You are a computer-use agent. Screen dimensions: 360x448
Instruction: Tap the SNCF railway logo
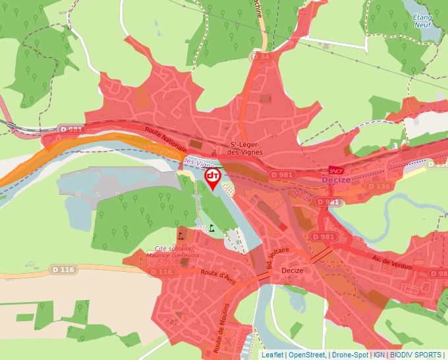pos(337,171)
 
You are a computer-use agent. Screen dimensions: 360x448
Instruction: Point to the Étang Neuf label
pos(422,20)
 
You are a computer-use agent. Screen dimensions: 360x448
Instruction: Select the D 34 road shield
pos(261,57)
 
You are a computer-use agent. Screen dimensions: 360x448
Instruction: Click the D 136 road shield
pos(379,187)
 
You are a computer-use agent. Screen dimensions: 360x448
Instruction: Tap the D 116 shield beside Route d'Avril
pos(161,272)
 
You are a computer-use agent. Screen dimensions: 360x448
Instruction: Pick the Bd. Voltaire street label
pos(269,256)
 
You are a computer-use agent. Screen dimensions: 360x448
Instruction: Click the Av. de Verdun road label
pos(392,263)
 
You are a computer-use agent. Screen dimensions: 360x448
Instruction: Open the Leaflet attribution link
pos(272,355)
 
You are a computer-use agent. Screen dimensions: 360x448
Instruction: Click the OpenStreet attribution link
pos(306,355)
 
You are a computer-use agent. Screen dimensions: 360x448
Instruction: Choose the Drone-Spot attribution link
pos(349,355)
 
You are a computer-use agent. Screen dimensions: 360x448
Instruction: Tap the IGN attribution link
pos(379,355)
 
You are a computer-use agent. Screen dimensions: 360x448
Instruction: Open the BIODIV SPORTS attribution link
pos(415,355)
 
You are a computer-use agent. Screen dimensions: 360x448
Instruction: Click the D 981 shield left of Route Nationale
pos(70,130)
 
